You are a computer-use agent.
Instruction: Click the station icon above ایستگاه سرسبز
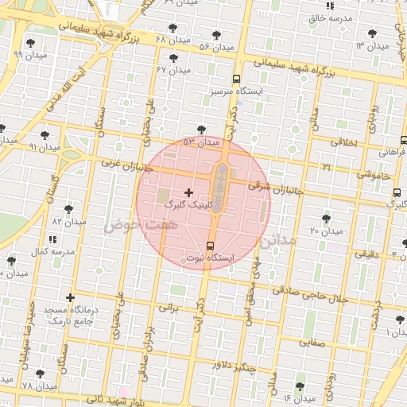236,79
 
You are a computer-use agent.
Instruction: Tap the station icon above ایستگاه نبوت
209,246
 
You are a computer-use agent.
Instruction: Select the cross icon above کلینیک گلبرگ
188,192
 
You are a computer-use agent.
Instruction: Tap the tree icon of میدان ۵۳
200,129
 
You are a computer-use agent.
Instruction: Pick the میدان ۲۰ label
326,231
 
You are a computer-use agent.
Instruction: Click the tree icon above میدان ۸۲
68,209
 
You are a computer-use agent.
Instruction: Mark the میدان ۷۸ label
40,386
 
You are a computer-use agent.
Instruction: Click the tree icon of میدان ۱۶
300,386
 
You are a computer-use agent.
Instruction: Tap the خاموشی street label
372,173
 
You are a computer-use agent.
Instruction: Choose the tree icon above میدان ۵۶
217,35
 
